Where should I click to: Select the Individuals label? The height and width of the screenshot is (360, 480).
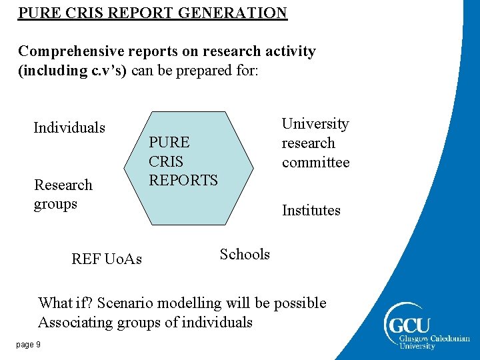[69, 127]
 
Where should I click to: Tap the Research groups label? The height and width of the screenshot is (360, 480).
[63, 194]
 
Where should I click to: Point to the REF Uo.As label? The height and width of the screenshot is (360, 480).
[107, 259]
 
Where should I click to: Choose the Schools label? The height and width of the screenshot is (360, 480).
[245, 254]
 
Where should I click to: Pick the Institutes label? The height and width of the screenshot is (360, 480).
[311, 211]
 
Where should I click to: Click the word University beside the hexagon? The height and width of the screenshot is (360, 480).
[315, 124]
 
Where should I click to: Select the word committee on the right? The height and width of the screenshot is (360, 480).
[315, 163]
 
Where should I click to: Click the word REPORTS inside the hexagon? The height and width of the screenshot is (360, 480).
[183, 180]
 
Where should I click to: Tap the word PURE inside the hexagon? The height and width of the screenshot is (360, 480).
[169, 142]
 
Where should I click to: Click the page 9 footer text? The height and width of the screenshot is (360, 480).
[29, 344]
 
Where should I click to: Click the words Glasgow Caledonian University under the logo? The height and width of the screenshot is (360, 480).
[434, 342]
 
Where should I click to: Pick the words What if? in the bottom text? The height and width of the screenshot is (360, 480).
[65, 303]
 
